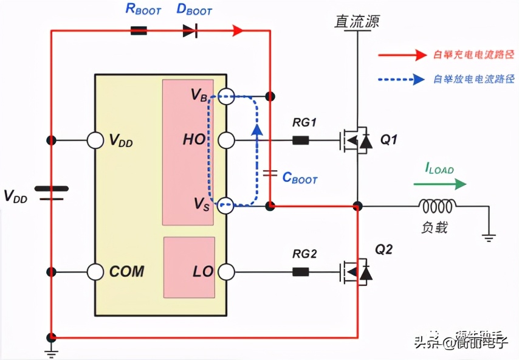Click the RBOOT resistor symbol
pyautogui.click(x=139, y=30)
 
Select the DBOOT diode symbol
pyautogui.click(x=190, y=30)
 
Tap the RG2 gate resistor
pyautogui.click(x=300, y=271)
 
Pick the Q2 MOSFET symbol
pyautogui.click(x=355, y=271)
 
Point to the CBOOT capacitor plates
pyautogui.click(x=270, y=175)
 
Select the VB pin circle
pyautogui.click(x=226, y=96)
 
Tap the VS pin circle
pyautogui.click(x=226, y=206)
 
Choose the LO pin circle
pyautogui.click(x=226, y=271)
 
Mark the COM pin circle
pyautogui.click(x=95, y=271)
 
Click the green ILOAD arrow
pyautogui.click(x=440, y=183)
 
